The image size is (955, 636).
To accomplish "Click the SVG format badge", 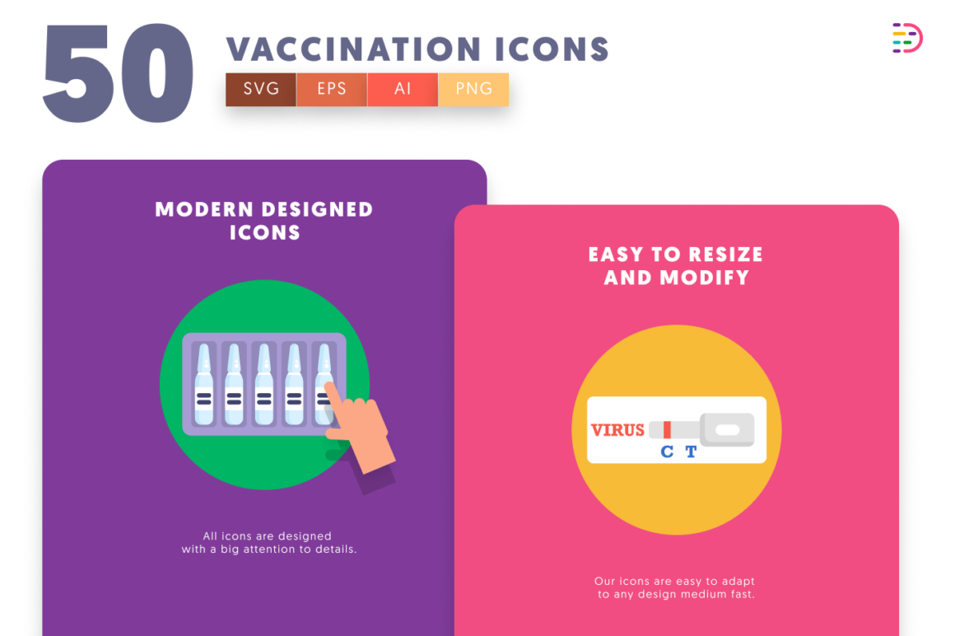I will pos(261,89).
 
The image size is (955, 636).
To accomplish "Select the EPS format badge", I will pos(332,89).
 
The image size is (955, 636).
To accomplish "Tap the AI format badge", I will pos(403,89).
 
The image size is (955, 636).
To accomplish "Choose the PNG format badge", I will pos(473,89).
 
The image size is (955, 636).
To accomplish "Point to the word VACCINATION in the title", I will pos(354,49).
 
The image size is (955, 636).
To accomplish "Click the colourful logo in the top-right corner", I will pos(907,39).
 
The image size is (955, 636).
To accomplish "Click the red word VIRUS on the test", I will pos(617,430).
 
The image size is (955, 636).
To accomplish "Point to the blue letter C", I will pos(667,451).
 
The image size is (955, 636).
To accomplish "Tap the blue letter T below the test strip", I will pos(691,451).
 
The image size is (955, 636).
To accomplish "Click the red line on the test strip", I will pos(668,429).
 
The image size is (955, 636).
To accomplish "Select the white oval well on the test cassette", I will pos(727,429).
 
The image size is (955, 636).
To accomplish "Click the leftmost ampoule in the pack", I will pos(204,384).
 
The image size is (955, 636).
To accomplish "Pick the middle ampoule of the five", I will pos(263,384).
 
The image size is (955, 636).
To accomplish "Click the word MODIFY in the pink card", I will pos(705,278).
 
